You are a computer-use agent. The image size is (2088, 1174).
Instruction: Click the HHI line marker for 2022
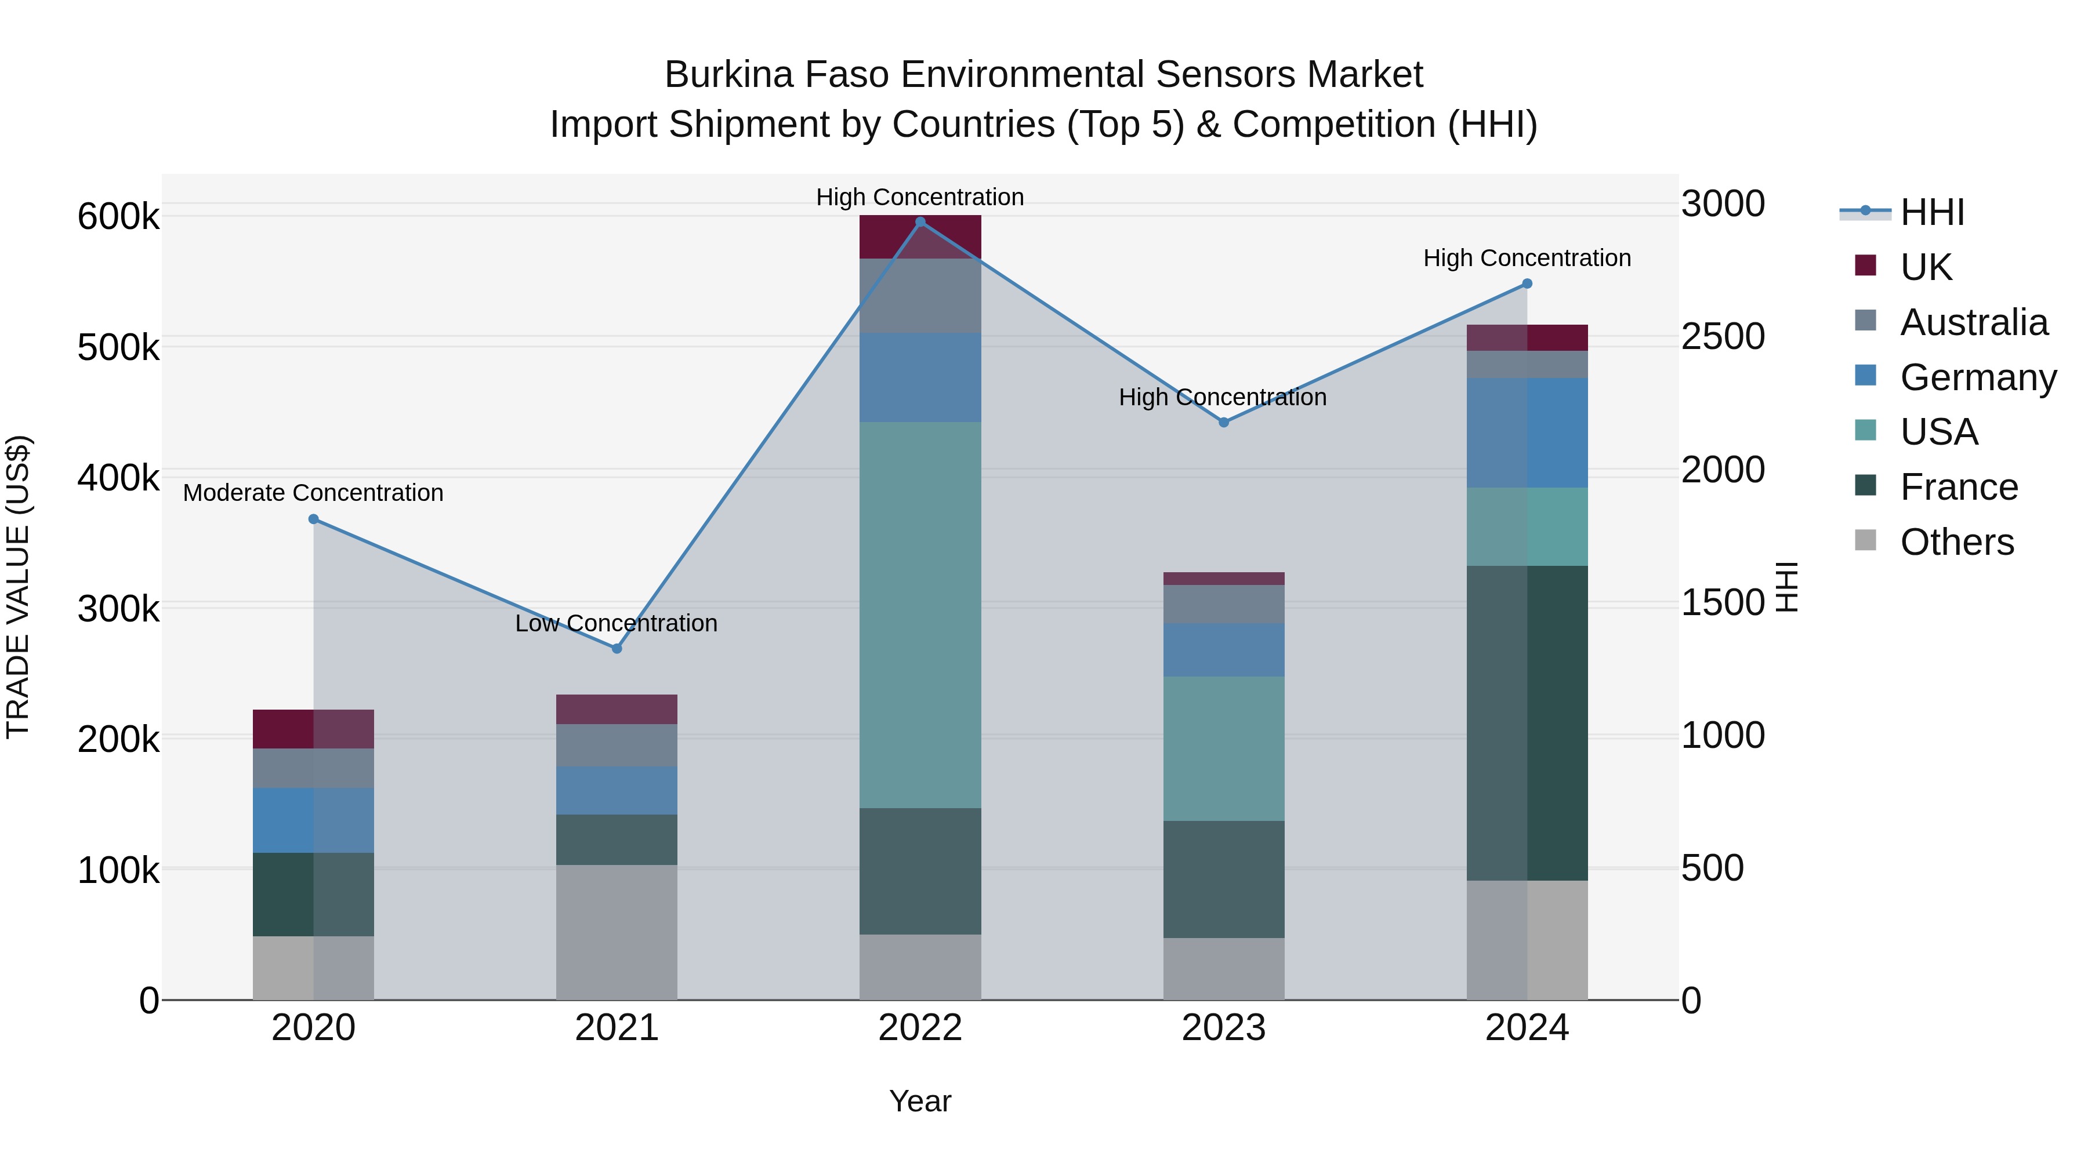pyautogui.click(x=920, y=222)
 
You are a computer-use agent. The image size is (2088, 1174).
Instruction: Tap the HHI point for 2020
pyautogui.click(x=314, y=519)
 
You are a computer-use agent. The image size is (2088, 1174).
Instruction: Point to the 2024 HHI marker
pyautogui.click(x=1527, y=283)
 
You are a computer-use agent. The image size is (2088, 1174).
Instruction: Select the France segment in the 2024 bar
pyautogui.click(x=1527, y=723)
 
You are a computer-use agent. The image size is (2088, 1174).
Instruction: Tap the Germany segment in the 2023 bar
pyautogui.click(x=1224, y=650)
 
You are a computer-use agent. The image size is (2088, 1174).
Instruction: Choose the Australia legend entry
pyautogui.click(x=1974, y=322)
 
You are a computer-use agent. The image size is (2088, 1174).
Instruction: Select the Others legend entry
pyautogui.click(x=1957, y=542)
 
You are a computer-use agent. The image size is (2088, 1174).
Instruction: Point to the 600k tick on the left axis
pyautogui.click(x=118, y=217)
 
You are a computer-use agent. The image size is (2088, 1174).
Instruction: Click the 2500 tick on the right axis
pyautogui.click(x=1723, y=336)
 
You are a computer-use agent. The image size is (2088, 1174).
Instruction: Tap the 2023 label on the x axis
pyautogui.click(x=1224, y=1028)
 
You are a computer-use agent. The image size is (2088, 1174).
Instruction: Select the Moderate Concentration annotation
pyautogui.click(x=314, y=493)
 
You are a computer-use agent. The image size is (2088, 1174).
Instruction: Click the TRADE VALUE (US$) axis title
pyautogui.click(x=18, y=587)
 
